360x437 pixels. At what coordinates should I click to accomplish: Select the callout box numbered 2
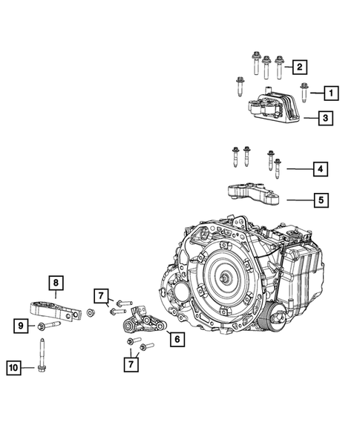tap(298, 68)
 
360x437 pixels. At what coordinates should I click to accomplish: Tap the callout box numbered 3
tap(325, 117)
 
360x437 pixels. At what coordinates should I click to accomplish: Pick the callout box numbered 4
tap(320, 170)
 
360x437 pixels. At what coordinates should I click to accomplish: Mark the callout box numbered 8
tap(56, 282)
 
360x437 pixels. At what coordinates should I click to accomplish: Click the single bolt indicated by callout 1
tap(304, 93)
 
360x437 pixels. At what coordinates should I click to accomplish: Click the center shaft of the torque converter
tap(224, 278)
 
